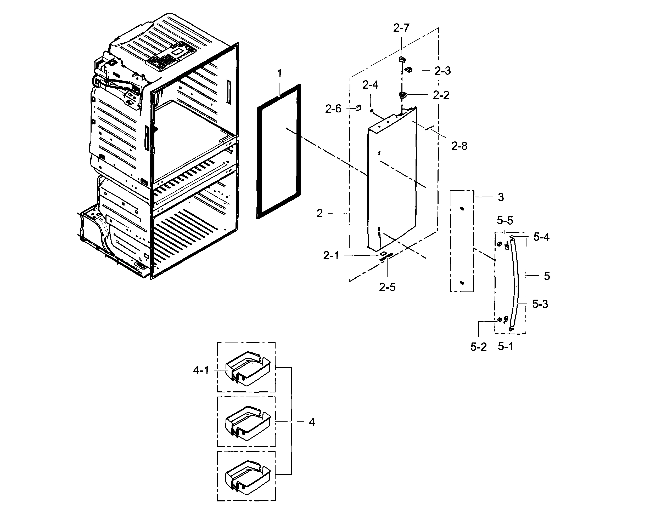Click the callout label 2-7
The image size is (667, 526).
point(401,28)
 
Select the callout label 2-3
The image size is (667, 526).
point(442,71)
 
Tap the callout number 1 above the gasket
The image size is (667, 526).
point(279,74)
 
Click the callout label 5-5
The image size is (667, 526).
point(505,220)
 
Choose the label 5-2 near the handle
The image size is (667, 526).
point(478,347)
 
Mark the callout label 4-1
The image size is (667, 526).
point(201,370)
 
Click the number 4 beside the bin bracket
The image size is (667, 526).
point(312,422)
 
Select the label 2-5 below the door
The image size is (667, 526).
point(387,287)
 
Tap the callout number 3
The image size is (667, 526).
point(501,197)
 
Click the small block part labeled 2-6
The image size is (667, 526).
point(358,108)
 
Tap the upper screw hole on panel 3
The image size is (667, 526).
point(462,209)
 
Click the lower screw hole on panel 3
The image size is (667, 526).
point(462,283)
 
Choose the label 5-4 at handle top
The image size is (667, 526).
point(541,237)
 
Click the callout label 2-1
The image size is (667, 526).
point(331,256)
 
